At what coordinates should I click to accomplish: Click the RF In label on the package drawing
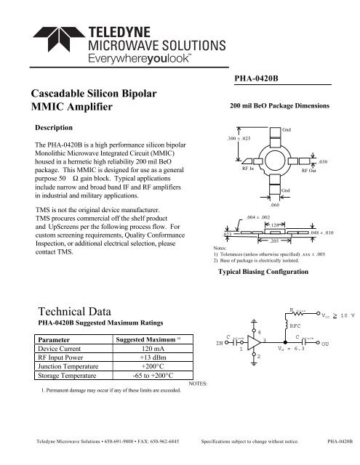tap(248, 168)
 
